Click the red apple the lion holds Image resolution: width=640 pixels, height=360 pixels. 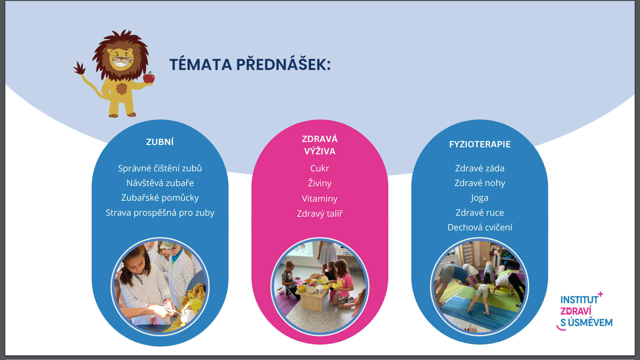[149, 77]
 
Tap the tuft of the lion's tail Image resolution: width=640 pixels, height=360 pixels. [80, 68]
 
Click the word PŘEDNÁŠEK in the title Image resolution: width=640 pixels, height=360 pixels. [283, 64]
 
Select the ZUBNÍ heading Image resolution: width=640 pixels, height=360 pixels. [160, 142]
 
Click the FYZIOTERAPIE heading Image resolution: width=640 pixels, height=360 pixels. [480, 144]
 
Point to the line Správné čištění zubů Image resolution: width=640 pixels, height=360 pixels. [160, 168]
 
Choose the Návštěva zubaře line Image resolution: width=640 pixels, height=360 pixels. [160, 183]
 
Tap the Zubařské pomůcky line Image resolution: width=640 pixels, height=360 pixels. [160, 198]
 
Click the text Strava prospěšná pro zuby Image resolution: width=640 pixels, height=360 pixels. [160, 213]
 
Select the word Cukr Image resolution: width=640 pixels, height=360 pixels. [320, 168]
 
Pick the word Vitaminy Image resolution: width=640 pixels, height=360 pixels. [320, 199]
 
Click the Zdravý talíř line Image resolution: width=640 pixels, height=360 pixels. [320, 214]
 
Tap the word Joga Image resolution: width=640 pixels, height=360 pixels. [480, 198]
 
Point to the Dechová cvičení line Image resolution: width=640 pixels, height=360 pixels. [480, 227]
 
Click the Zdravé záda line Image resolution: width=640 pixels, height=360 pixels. [480, 168]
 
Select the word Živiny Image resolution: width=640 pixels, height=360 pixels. [320, 183]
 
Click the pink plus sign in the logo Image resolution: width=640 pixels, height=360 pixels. [600, 294]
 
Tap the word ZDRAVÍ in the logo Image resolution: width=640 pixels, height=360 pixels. [576, 311]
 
